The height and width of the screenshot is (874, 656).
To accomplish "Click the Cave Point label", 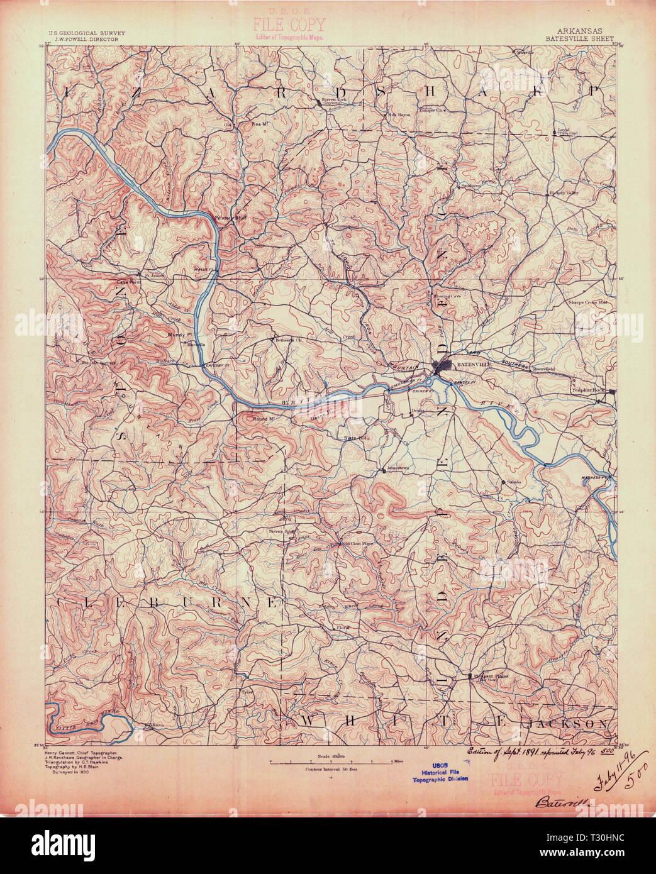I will [126, 282].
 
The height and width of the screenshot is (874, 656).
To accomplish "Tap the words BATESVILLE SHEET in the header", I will [578, 38].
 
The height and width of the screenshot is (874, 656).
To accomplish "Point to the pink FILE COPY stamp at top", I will [289, 26].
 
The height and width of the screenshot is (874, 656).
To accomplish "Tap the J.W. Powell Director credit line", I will [82, 38].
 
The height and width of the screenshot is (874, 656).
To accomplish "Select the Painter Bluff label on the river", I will [228, 218].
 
